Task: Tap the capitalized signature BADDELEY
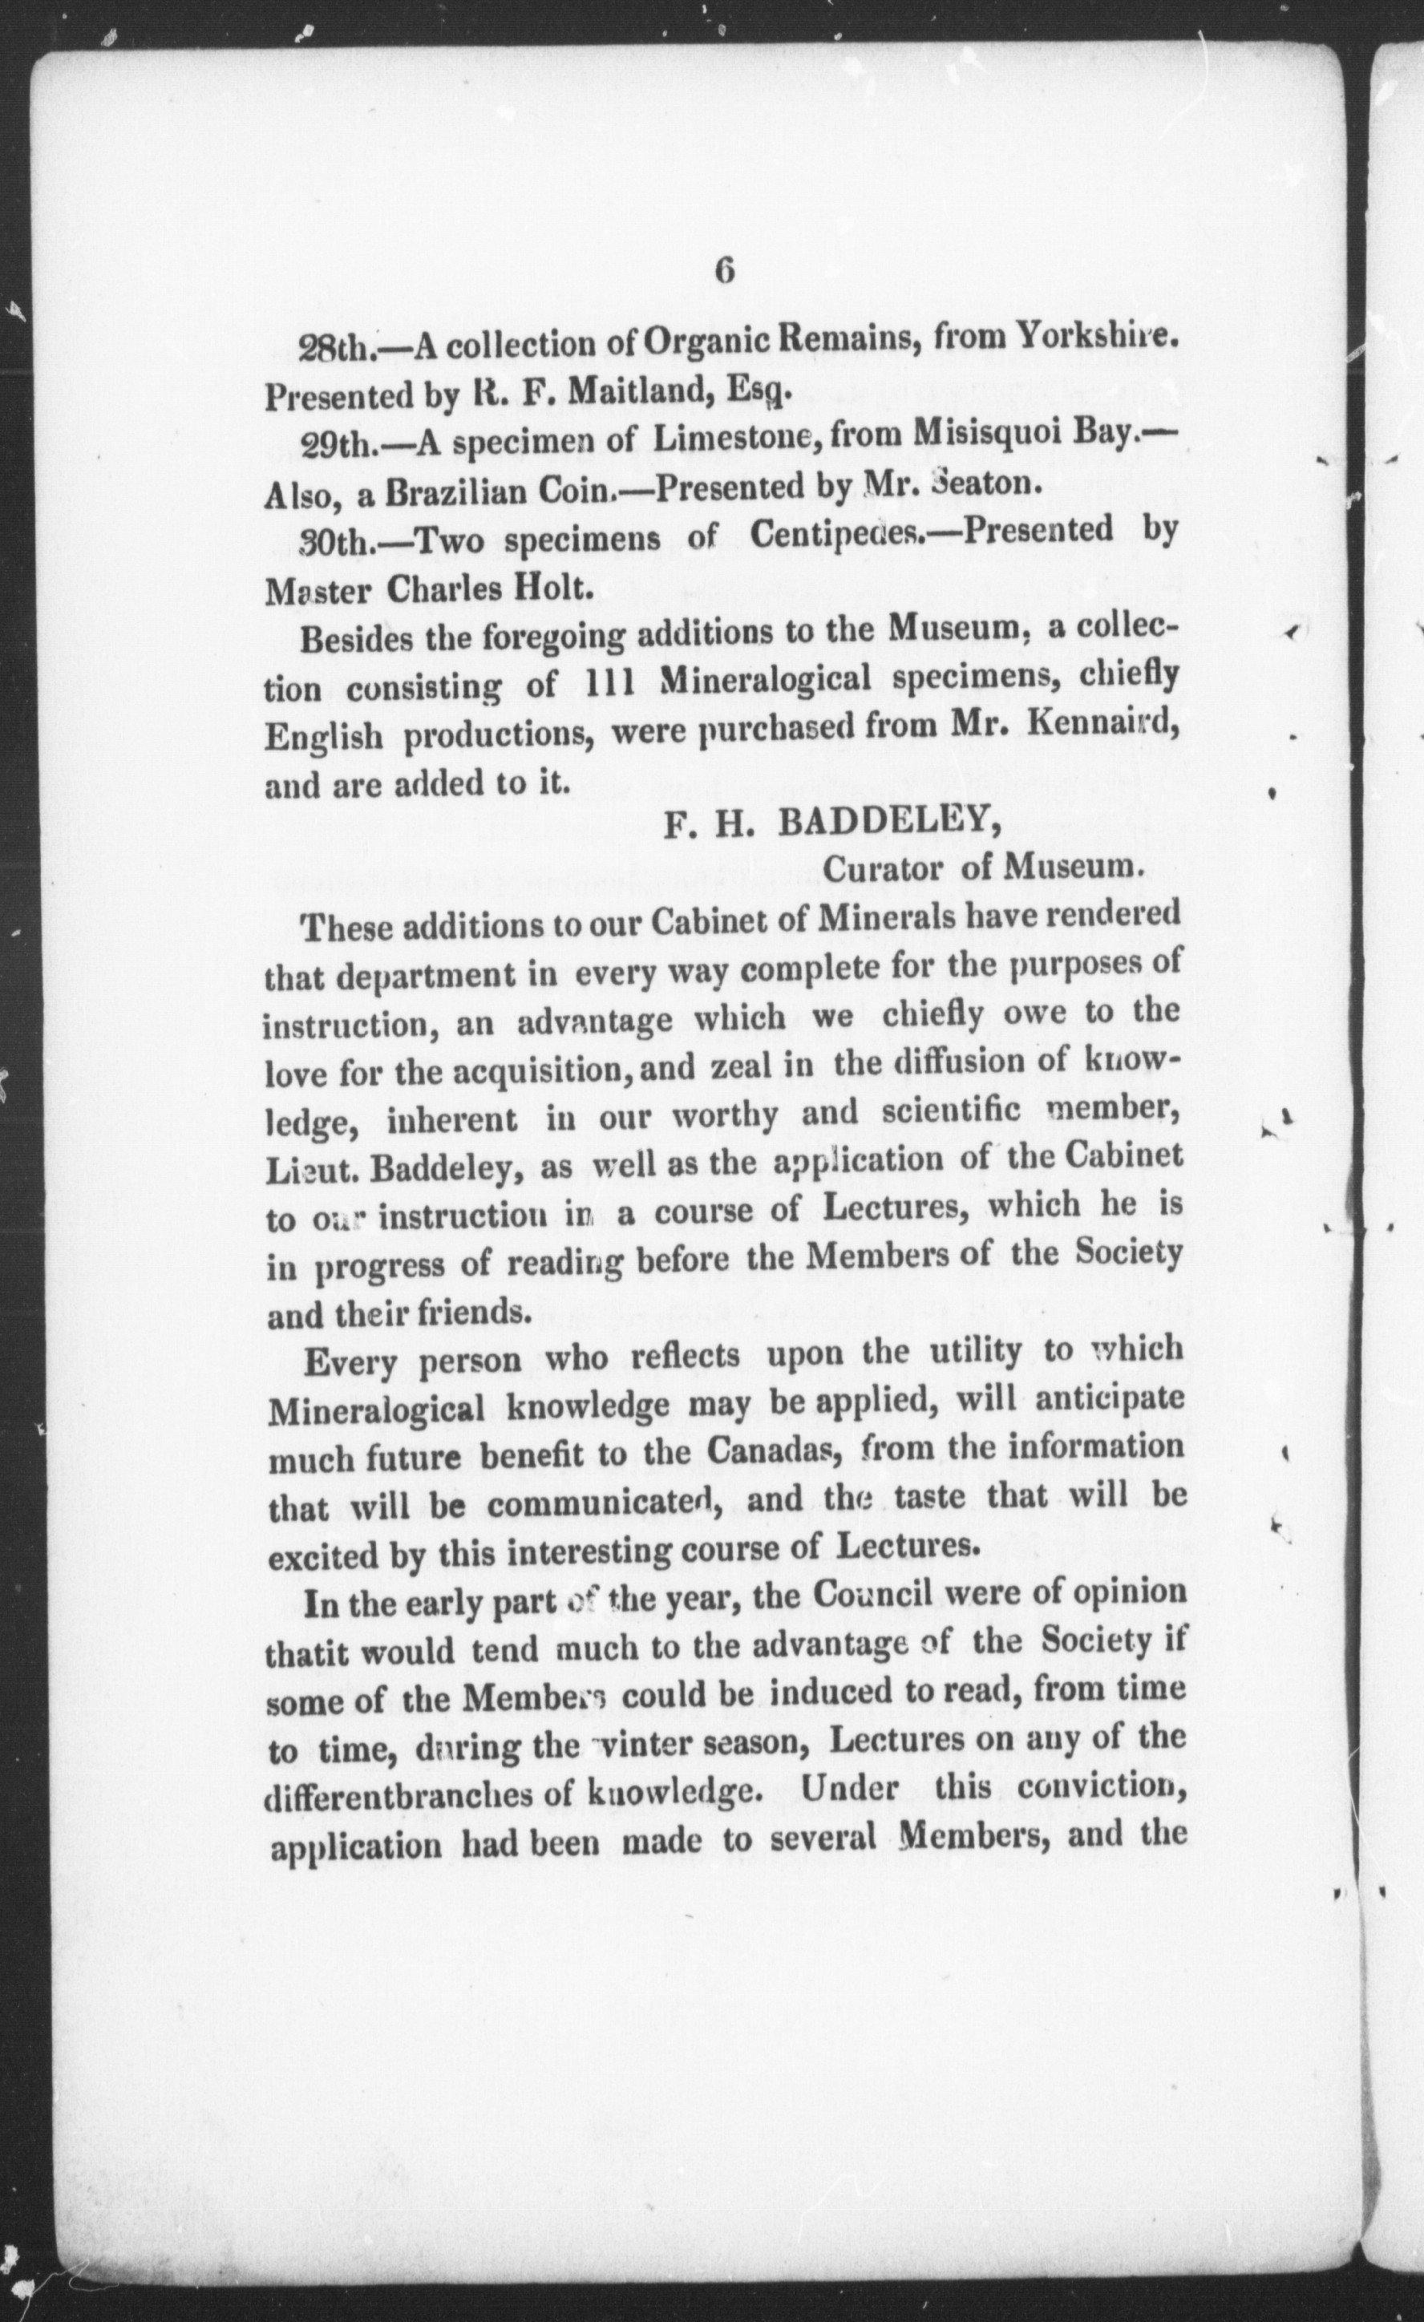coord(888,823)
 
